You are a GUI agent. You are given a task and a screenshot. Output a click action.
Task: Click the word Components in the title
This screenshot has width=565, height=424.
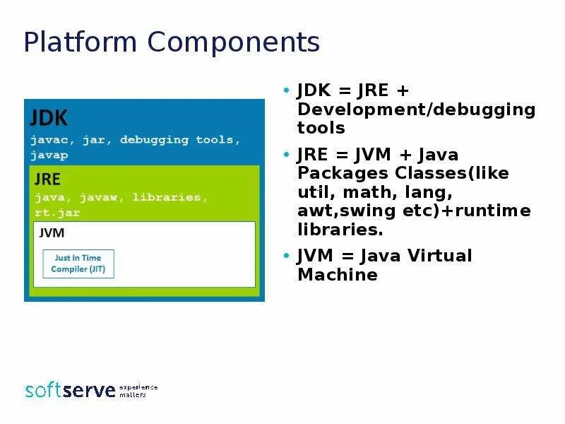coord(234,43)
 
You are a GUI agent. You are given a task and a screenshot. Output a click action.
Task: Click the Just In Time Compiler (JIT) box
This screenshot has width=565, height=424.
coord(78,263)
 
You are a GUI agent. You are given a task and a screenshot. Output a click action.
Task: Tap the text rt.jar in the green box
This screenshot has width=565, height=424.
coord(57,212)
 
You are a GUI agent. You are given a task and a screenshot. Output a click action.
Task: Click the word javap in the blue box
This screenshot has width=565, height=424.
coord(48,155)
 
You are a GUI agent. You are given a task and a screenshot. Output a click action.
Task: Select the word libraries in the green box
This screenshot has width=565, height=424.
coord(177,197)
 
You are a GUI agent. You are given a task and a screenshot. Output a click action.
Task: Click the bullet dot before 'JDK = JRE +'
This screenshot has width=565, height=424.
coord(286,91)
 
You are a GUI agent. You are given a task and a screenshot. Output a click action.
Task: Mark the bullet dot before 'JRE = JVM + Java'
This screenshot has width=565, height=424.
coord(286,155)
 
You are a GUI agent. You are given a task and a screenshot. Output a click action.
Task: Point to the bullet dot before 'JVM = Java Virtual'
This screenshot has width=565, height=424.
coord(286,256)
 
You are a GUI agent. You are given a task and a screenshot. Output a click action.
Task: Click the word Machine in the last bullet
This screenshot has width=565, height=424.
coord(337,275)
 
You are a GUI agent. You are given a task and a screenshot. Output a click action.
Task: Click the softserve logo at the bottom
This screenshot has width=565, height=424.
coord(70,390)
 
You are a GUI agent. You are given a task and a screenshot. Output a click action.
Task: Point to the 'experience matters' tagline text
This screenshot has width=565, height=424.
coord(138,391)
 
